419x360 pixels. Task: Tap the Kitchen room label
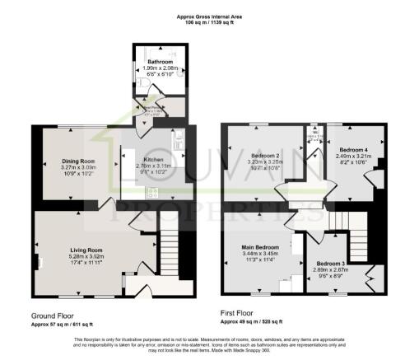coord(154,160)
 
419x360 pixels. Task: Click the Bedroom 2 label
coord(266,155)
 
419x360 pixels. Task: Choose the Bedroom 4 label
coord(351,149)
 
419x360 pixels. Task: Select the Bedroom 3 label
coord(330,263)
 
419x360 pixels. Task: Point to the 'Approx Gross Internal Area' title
coord(210,15)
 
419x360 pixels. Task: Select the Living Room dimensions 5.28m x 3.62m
coord(86,255)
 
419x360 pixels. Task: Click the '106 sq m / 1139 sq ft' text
coord(210,21)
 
